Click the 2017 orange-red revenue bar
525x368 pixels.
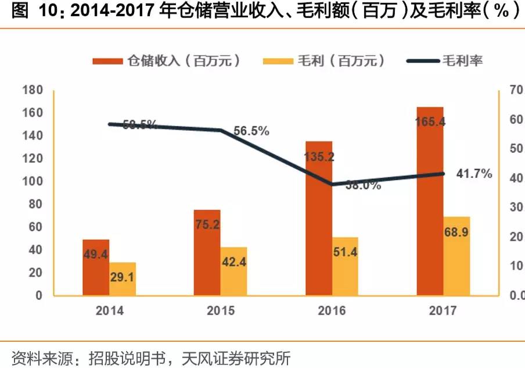pyautogui.click(x=430, y=201)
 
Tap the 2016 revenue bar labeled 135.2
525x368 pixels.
pyautogui.click(x=319, y=218)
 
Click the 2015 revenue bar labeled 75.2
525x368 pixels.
pyautogui.click(x=207, y=252)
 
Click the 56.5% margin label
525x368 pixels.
pyautogui.click(x=251, y=131)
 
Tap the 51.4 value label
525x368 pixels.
pyautogui.click(x=345, y=252)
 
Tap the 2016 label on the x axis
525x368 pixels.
pyautogui.click(x=332, y=310)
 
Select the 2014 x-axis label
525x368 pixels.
pyautogui.click(x=109, y=310)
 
